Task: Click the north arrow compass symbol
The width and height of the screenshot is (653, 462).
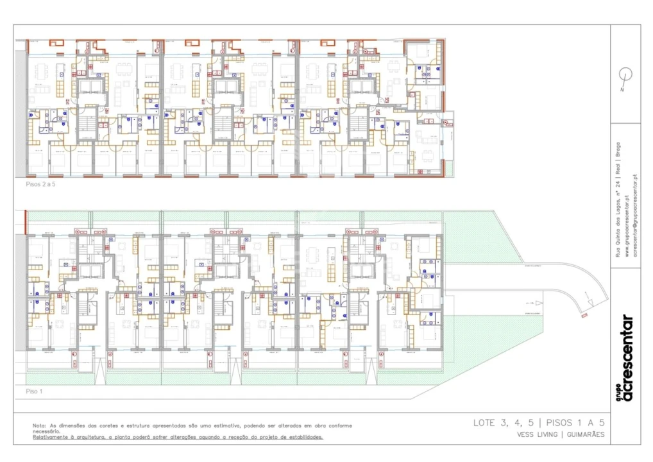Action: point(625,75)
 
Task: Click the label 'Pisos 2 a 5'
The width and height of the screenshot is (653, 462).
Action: point(42,184)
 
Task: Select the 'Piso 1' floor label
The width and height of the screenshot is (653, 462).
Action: point(34,391)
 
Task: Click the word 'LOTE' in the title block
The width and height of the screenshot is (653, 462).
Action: point(484,422)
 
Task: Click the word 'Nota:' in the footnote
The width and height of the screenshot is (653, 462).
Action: point(40,425)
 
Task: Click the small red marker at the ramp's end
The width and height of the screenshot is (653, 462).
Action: point(584,315)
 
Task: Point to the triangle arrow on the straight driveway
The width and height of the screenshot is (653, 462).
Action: point(539,303)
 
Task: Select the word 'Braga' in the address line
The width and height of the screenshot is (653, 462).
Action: point(620,150)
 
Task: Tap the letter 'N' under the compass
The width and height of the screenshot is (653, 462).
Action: point(622,90)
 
